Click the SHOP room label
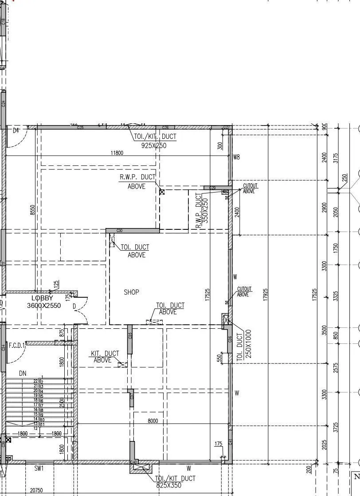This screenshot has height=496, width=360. click(131, 292)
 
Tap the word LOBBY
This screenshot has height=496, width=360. click(42, 299)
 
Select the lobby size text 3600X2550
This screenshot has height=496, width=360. click(44, 306)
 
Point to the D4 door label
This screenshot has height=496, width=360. click(16, 130)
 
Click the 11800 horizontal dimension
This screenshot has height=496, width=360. click(117, 153)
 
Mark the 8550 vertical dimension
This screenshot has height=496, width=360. click(32, 210)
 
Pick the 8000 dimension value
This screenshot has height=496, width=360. click(153, 421)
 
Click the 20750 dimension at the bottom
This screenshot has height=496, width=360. click(36, 490)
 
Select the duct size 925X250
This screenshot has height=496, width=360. click(154, 146)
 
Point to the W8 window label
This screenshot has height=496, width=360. click(236, 157)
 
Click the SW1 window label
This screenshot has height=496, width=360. click(39, 468)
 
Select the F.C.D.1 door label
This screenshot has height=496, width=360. click(17, 344)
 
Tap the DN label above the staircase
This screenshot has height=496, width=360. click(23, 374)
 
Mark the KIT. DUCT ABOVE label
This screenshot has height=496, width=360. click(105, 357)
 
